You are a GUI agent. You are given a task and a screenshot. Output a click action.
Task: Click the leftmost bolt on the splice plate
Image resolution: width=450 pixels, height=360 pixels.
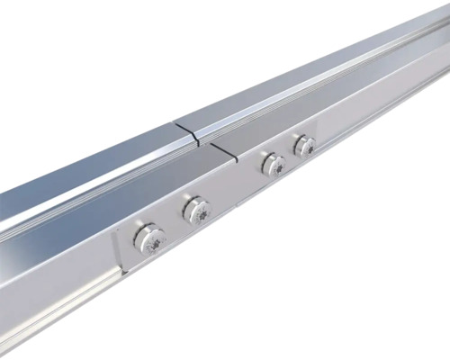(149, 239)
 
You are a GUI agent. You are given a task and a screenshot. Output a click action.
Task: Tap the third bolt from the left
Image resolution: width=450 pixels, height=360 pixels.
(273, 165)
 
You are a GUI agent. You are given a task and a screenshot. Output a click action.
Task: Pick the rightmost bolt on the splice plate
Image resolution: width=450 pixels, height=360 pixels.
(304, 146)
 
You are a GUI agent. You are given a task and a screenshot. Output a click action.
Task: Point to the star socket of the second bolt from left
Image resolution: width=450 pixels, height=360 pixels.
(199, 212)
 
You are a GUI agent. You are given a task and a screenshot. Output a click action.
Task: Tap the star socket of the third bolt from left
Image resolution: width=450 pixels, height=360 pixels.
(276, 166)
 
